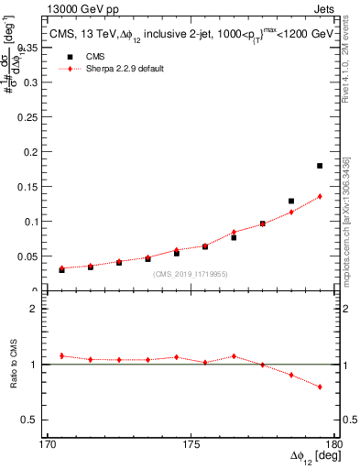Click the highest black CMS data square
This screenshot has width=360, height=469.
coord(320,166)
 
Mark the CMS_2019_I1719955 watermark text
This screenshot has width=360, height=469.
coord(191,273)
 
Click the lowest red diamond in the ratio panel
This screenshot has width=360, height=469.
coord(320,387)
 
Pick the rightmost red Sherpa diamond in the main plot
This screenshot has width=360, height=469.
coord(320,196)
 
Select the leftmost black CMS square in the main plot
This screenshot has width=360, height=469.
coord(61,270)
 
